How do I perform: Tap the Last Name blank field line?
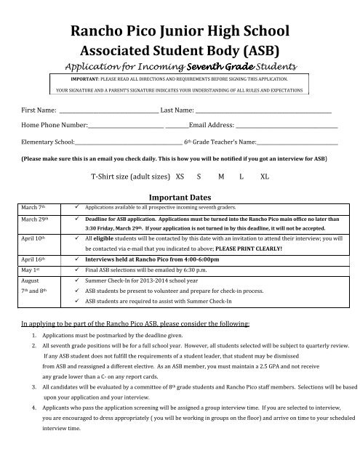click(x=263, y=110)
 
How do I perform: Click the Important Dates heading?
click(x=179, y=195)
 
